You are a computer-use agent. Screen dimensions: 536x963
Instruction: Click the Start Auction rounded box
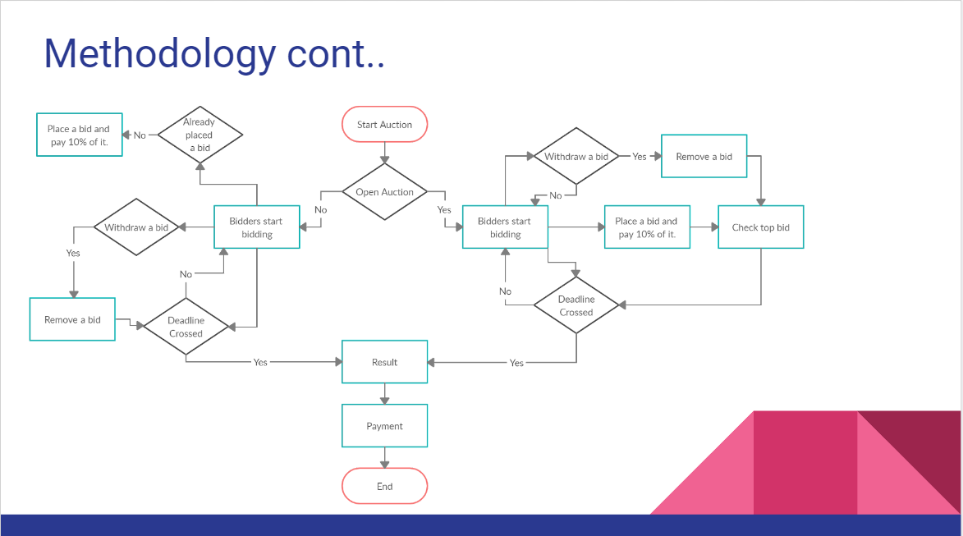click(384, 125)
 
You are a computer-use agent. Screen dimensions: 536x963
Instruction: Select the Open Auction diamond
click(384, 192)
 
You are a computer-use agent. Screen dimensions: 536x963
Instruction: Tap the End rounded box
click(384, 486)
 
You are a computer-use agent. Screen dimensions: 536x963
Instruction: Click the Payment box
click(384, 426)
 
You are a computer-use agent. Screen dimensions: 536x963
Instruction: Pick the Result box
click(384, 362)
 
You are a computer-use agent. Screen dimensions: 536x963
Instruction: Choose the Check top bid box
click(760, 227)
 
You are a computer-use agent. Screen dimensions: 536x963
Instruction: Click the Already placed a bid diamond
click(199, 135)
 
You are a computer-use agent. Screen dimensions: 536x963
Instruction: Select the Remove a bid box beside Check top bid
click(704, 156)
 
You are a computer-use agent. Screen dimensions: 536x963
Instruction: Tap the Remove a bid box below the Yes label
click(72, 319)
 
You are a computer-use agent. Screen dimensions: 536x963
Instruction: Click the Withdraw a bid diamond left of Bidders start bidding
click(136, 227)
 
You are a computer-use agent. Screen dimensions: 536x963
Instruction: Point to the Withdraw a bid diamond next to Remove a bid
click(576, 156)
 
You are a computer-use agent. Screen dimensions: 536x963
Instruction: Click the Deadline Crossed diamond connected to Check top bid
click(576, 305)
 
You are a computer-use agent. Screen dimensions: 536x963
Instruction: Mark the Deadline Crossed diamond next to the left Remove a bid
click(186, 327)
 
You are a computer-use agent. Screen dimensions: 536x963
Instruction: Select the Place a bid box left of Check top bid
click(646, 227)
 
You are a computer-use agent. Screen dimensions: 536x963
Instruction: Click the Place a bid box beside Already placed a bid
click(79, 135)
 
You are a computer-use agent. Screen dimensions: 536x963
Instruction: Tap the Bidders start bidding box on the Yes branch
click(505, 227)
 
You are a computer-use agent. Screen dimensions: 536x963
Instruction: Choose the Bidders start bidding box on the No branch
click(256, 227)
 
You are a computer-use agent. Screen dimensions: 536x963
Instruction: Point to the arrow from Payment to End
click(384, 457)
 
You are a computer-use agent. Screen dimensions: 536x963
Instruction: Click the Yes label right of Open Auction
click(444, 210)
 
